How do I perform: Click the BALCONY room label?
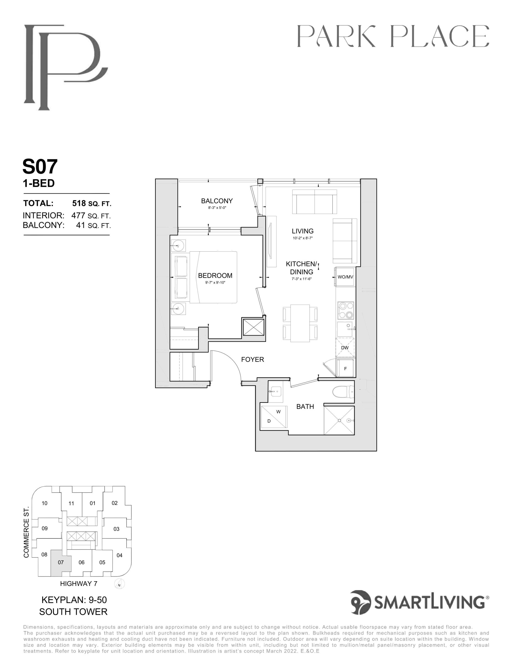tap(217, 201)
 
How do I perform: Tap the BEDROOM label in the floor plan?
tap(215, 276)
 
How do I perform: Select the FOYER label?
tap(252, 359)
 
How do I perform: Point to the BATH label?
tap(305, 406)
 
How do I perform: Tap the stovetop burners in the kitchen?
tap(346, 310)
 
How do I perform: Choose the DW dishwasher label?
tap(345, 348)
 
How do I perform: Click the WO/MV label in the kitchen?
tap(345, 277)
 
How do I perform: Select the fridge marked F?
tap(345, 368)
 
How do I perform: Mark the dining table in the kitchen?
tap(300, 323)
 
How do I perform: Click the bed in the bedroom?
tap(213, 277)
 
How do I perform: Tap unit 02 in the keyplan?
tap(115, 503)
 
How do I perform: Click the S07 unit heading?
tap(40, 167)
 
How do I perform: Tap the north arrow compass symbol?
tap(120, 584)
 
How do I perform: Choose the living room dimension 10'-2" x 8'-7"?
tap(303, 238)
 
